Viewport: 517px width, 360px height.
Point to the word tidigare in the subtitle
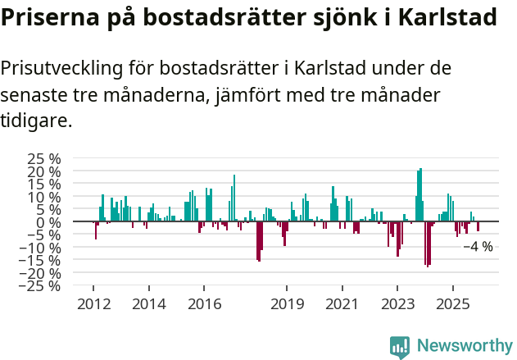34,121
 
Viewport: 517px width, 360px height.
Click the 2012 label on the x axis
93,304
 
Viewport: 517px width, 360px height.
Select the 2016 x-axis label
204,304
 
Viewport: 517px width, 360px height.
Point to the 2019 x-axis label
287,304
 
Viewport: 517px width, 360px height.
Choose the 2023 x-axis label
398,304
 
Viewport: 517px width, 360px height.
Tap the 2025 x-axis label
453,304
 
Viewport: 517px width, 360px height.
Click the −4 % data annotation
478,246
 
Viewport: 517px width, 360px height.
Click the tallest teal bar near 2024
420,195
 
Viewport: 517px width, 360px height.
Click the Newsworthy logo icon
400,347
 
